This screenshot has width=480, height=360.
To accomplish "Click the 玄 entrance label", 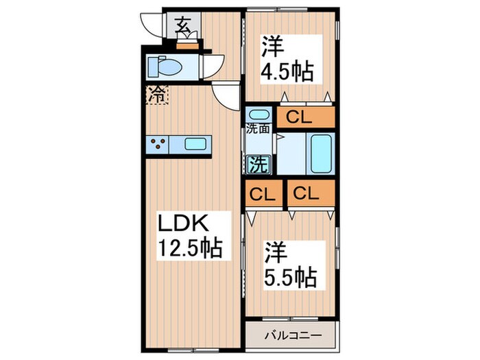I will (x=183, y=27).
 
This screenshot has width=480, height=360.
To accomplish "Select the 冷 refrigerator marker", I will (x=156, y=95).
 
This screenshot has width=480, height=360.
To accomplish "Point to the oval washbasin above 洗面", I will (x=259, y=114).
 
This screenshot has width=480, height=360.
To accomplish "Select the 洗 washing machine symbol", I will (x=258, y=165).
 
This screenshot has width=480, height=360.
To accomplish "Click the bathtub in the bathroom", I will (x=321, y=154).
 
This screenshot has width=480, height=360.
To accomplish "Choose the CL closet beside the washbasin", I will (x=305, y=117).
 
